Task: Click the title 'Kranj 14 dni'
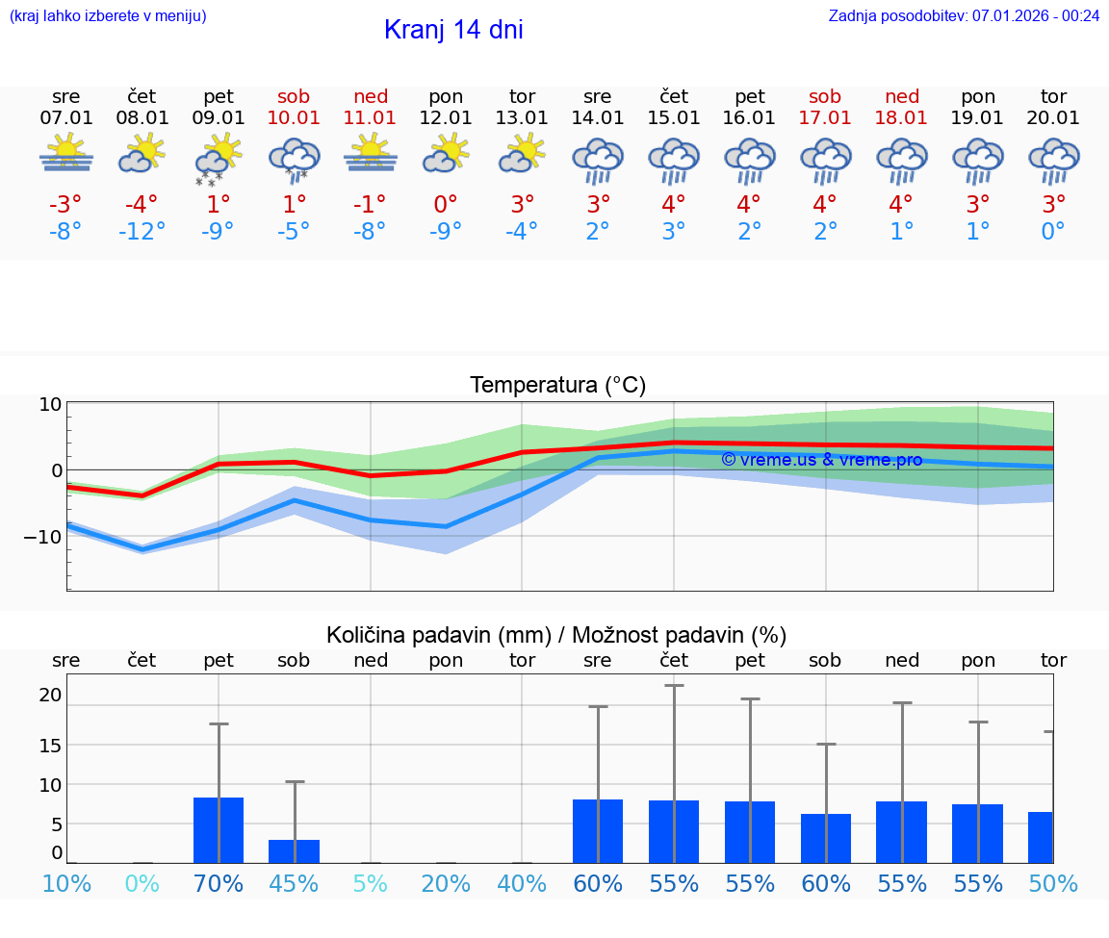pos(453,30)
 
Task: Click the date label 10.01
pos(294,117)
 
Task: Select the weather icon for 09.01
pos(219,158)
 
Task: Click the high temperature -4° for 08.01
pos(142,205)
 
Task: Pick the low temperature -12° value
pos(142,232)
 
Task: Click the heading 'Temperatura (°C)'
pos(557,386)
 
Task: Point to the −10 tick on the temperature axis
pos(43,536)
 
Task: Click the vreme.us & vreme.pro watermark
pos(821,460)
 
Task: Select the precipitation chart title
pos(556,635)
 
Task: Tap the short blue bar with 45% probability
pos(294,851)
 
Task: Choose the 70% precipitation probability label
pos(219,883)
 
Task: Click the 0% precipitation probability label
pos(142,883)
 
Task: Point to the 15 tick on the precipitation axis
pos(50,745)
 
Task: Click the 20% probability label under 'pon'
pos(446,883)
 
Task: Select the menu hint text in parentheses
pos(108,15)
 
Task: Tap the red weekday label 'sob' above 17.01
pos(825,96)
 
